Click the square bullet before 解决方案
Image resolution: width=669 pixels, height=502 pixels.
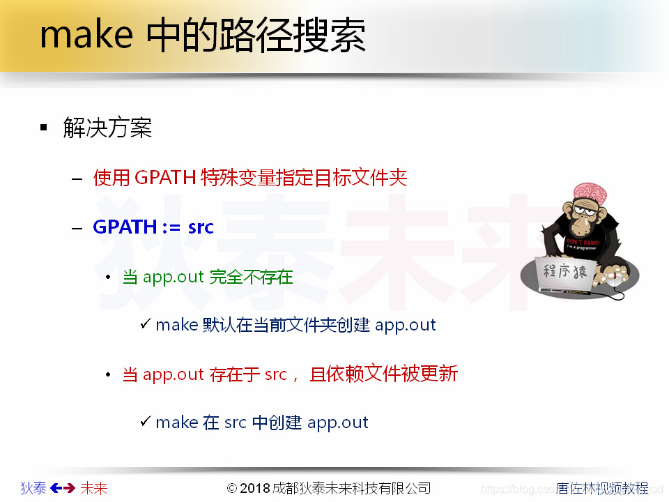pos(44,128)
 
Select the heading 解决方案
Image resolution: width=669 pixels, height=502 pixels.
pos(107,128)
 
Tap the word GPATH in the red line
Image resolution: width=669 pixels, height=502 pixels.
pos(164,178)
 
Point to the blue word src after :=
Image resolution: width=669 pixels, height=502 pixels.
pos(201,228)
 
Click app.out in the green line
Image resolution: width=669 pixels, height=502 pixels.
pos(173,277)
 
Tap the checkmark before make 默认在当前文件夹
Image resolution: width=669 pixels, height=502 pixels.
pos(145,324)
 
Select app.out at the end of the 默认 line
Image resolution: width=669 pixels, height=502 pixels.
pos(405,325)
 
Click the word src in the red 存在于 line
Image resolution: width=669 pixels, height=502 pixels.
pos(275,374)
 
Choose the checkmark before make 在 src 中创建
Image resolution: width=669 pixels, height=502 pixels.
pos(145,421)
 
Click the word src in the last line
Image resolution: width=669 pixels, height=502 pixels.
pos(236,423)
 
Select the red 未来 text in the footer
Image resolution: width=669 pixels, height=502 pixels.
pos(94,488)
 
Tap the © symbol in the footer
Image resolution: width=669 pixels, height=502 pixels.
pos(232,488)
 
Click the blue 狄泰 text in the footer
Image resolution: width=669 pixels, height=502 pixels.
pos(33,488)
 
